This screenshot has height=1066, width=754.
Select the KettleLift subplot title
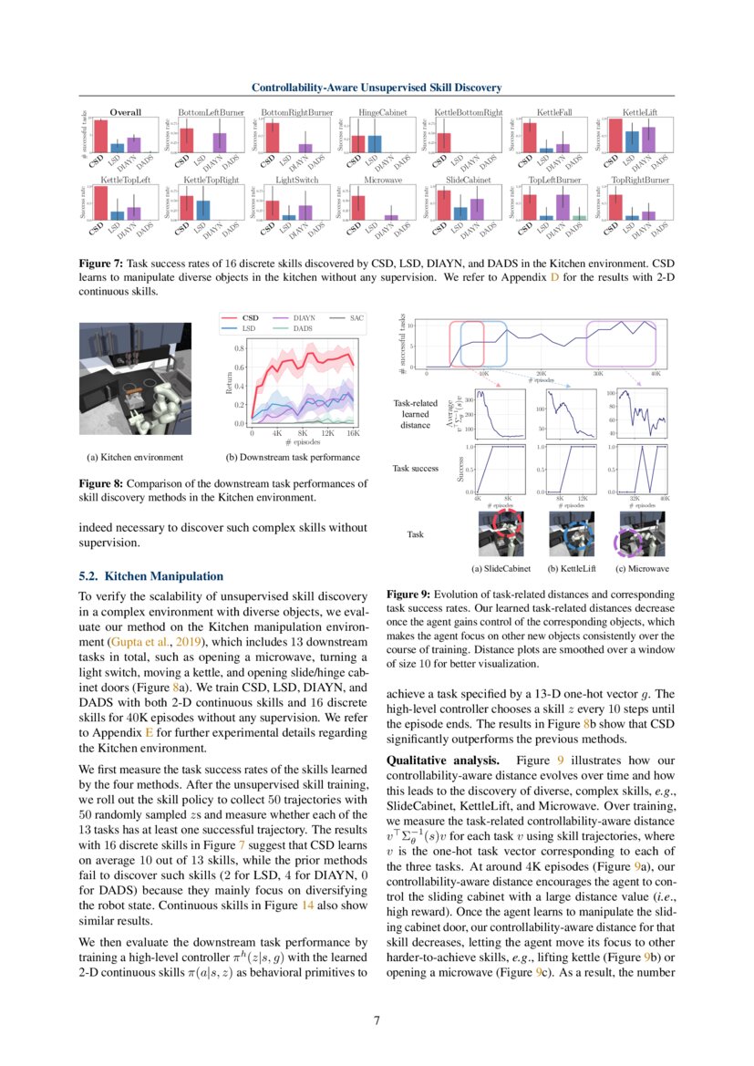point(640,112)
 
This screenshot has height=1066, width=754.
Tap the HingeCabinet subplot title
point(382,112)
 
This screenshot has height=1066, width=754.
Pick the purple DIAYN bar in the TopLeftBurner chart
point(563,207)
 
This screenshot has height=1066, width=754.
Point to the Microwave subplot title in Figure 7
point(382,181)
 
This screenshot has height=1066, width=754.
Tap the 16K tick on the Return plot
point(353,434)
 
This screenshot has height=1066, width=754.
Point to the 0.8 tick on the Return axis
point(239,348)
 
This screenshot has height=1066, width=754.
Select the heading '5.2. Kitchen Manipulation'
point(150,576)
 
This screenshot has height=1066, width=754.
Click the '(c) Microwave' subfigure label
point(642,568)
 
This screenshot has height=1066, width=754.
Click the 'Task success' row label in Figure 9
point(415,468)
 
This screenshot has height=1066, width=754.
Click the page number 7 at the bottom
point(377,1019)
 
